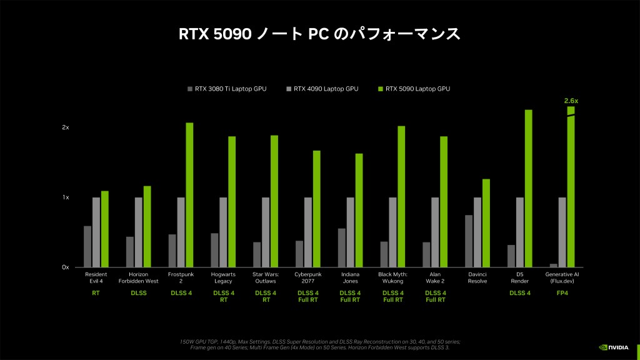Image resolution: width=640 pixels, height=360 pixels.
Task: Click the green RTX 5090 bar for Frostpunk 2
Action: [x=189, y=195]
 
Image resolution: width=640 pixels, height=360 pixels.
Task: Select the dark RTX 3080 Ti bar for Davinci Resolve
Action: [x=469, y=241]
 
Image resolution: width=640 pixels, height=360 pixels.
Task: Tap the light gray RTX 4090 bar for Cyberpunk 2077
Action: [x=308, y=232]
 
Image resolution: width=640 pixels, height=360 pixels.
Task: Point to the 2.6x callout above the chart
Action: [x=571, y=100]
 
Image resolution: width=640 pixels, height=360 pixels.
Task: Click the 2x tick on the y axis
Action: [x=66, y=127]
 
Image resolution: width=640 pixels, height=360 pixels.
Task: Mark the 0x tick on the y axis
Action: [x=66, y=267]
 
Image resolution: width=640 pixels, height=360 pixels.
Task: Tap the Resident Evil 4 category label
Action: [x=96, y=278]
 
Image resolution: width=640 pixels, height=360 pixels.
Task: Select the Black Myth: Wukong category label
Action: [x=392, y=278]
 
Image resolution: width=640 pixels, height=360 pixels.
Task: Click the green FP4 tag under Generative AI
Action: [x=562, y=292]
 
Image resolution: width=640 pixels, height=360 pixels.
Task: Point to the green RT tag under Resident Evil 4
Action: [x=96, y=292]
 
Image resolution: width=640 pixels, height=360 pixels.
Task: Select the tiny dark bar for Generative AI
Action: [x=553, y=266]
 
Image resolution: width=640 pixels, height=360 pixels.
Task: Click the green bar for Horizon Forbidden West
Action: [x=147, y=227]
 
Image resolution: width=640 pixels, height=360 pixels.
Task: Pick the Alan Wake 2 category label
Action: [x=435, y=278]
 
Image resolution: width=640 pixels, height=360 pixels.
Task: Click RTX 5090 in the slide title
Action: [x=215, y=34]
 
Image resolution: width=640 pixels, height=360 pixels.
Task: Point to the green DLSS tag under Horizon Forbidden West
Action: [x=138, y=292]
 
